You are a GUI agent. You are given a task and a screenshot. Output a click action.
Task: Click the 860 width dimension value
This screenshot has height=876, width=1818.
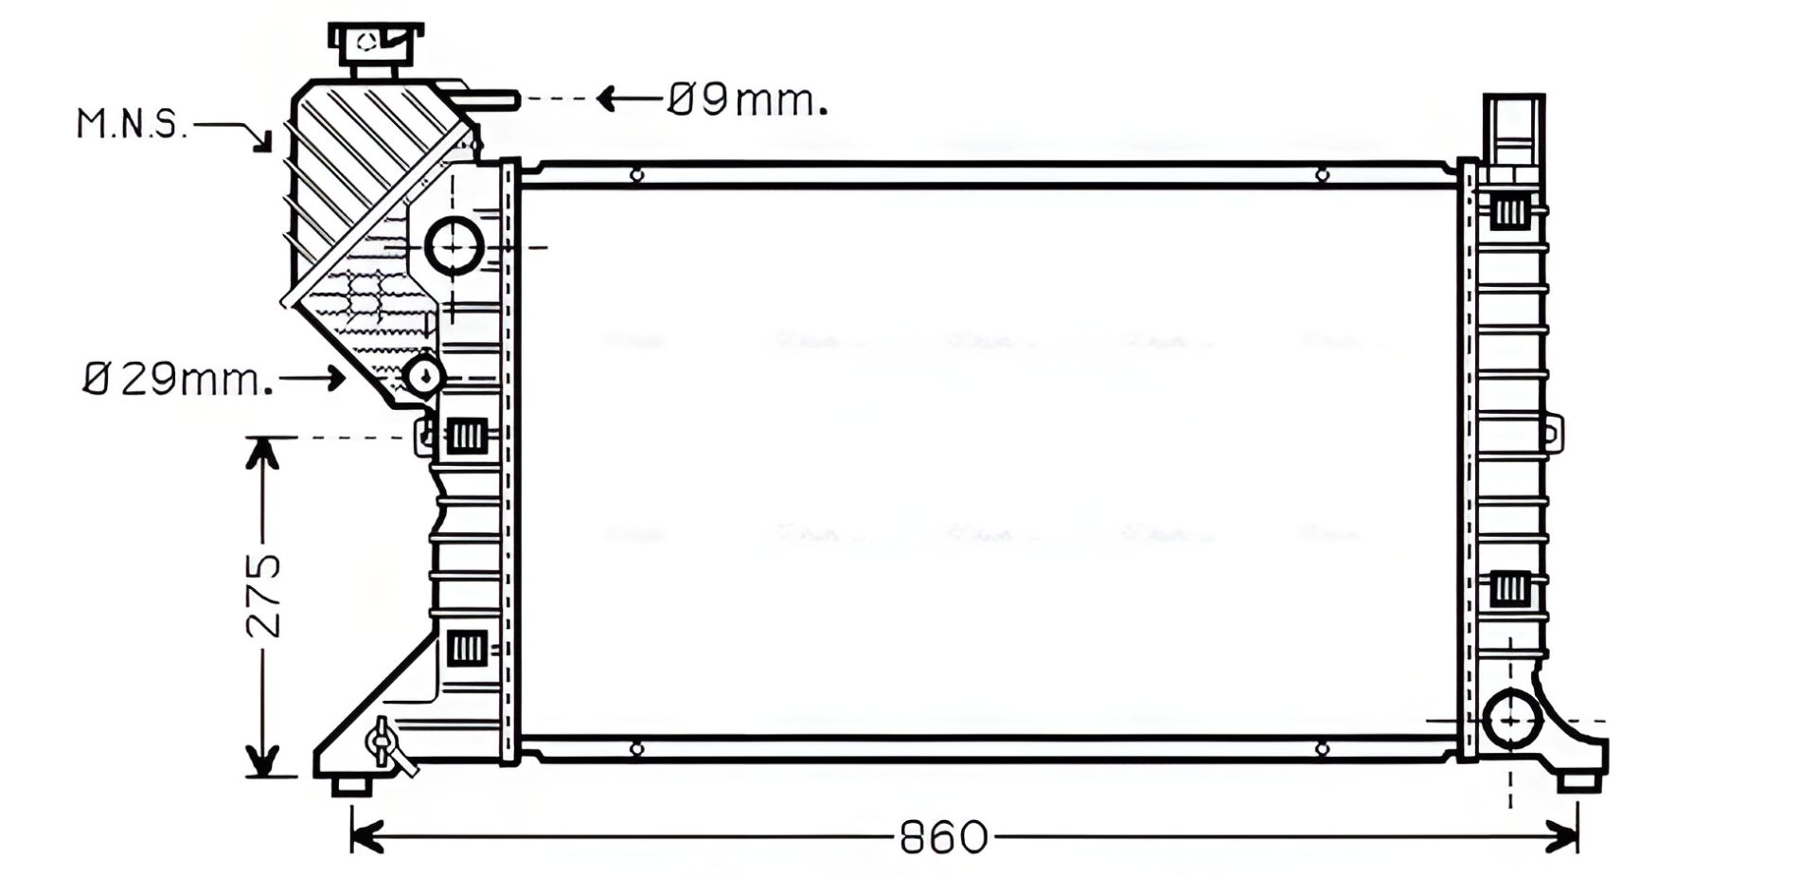click(942, 837)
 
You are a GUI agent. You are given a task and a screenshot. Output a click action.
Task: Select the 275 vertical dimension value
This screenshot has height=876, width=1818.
click(264, 595)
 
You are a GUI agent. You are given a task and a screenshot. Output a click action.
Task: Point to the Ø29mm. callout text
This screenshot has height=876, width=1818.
click(178, 379)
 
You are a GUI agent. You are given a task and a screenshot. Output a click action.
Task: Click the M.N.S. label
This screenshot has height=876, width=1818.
click(133, 124)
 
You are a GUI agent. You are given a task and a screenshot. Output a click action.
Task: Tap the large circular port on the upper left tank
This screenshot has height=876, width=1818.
click(454, 246)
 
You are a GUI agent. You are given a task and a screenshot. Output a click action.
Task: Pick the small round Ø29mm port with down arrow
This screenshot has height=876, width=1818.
click(423, 376)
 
